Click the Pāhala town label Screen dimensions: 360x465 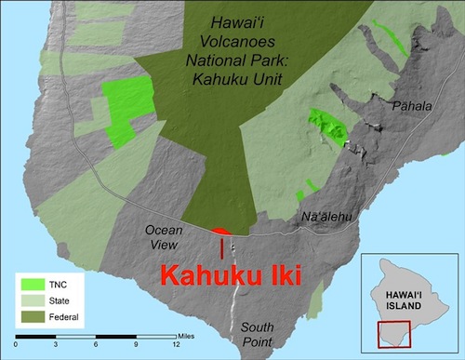click(x=415, y=106)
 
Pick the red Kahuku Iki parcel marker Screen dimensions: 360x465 click(x=221, y=232)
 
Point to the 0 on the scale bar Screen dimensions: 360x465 click(x=16, y=345)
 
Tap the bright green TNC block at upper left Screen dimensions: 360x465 click(x=126, y=106)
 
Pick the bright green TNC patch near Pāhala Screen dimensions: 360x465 click(x=327, y=126)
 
